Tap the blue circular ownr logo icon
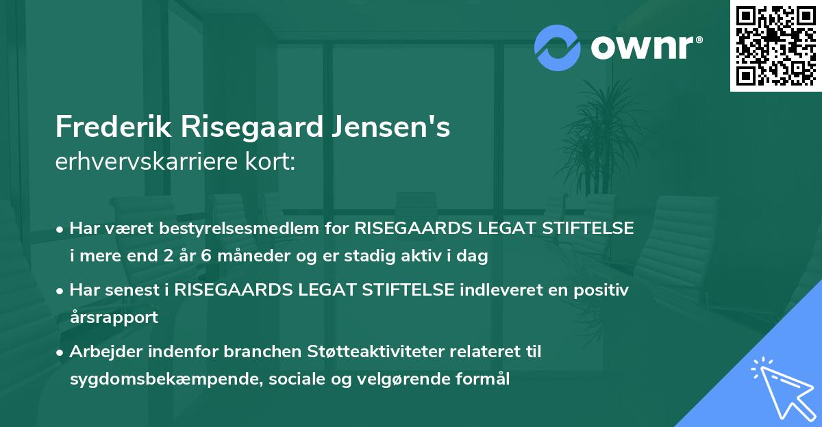(556, 48)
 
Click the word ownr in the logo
(645, 48)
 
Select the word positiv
(600, 290)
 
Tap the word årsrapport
(114, 317)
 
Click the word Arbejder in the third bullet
(103, 352)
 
